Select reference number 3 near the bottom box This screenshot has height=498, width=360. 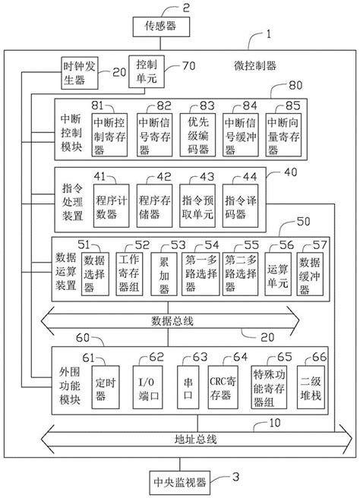tap(236, 478)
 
